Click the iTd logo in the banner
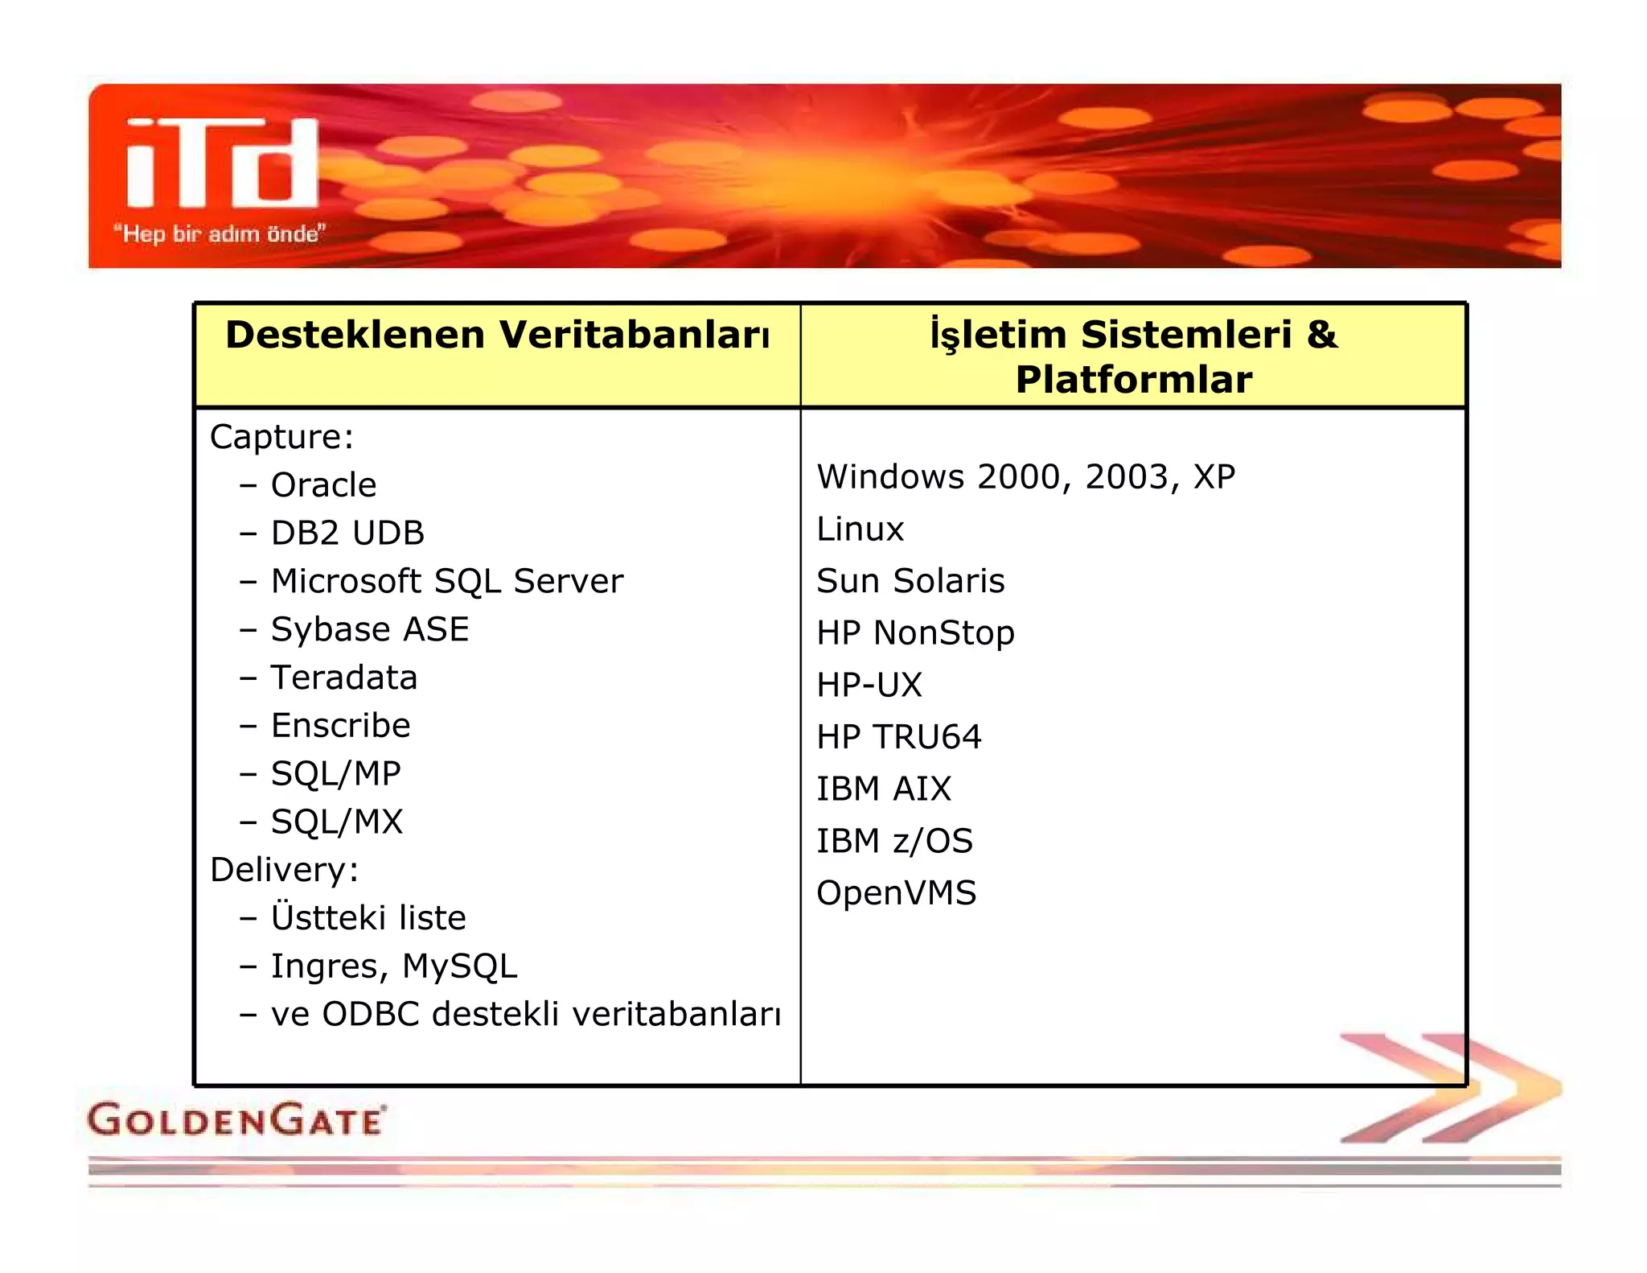[x=223, y=163]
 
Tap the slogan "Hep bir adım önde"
[x=219, y=234]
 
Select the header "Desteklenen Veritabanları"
[x=497, y=335]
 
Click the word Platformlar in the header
[x=1133, y=380]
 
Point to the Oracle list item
[x=323, y=485]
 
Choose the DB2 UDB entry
[x=347, y=534]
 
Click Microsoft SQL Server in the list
[x=446, y=581]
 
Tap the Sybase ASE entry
[x=370, y=629]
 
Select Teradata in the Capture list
[x=344, y=678]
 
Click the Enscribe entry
[x=340, y=726]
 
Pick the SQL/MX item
[x=336, y=822]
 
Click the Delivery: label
[x=284, y=870]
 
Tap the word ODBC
[x=371, y=1014]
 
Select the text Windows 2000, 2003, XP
[x=1025, y=477]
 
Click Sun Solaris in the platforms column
[x=910, y=581]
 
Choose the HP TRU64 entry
[x=898, y=737]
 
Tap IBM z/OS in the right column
[x=894, y=841]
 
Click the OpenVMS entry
[x=896, y=893]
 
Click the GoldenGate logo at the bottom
[x=236, y=1120]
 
